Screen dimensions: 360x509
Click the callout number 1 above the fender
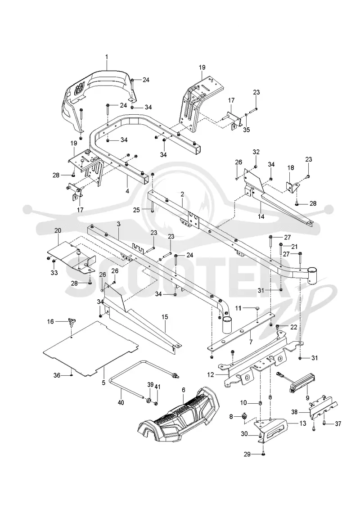point(107,57)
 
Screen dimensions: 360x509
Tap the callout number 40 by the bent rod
point(121,402)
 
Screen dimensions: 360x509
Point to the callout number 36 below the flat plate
point(57,375)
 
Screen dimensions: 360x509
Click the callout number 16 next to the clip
point(50,322)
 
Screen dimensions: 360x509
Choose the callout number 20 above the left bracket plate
point(58,230)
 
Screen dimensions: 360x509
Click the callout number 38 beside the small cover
point(294,412)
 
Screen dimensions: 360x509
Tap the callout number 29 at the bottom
point(247,455)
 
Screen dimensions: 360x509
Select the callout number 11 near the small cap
point(238,307)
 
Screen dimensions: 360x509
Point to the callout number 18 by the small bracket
point(291,168)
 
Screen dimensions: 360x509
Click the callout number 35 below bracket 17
point(247,130)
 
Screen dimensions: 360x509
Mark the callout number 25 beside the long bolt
point(136,210)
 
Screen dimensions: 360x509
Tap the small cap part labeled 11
point(257,307)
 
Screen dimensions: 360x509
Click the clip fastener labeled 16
point(71,322)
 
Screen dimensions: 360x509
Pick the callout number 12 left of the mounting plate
point(210,374)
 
